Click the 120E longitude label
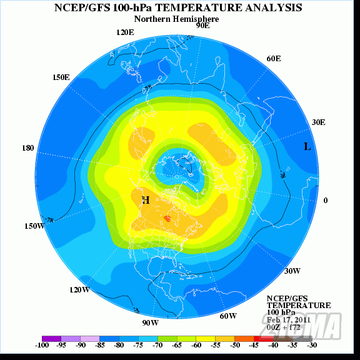click(125, 32)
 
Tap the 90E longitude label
click(202, 26)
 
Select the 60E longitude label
click(274, 58)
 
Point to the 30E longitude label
click(318, 122)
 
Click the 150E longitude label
click(61, 77)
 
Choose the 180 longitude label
click(28, 148)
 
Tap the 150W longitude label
click(34, 226)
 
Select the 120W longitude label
click(79, 290)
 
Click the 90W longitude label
click(150, 322)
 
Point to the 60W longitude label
click(228, 316)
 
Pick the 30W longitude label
click(292, 271)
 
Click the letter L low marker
click(307, 147)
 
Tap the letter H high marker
click(146, 200)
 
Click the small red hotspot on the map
click(167, 218)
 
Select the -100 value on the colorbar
click(42, 344)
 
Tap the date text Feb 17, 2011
click(288, 319)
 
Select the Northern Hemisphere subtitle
click(179, 19)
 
